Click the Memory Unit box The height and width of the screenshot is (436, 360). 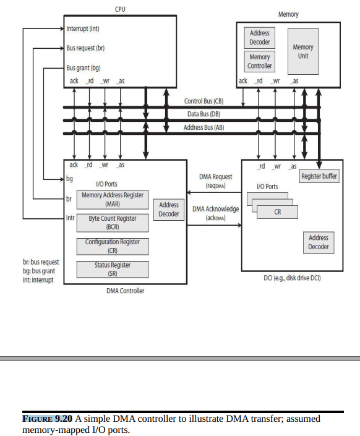(x=303, y=51)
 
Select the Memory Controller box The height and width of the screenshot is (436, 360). (x=260, y=61)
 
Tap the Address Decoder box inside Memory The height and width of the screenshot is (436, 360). (x=260, y=38)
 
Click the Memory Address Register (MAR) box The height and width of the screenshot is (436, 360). (x=113, y=199)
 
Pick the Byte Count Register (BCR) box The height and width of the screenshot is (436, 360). (x=113, y=223)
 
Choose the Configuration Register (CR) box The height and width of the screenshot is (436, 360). (x=113, y=246)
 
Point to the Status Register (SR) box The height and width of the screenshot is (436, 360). (x=113, y=269)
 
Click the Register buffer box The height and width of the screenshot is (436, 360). (x=319, y=177)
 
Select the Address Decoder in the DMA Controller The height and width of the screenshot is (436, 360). (x=169, y=210)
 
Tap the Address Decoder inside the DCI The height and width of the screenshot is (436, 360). (x=319, y=242)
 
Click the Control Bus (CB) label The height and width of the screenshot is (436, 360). (x=204, y=101)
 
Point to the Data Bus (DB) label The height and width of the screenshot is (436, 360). (x=204, y=114)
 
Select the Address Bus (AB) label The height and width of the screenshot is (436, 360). (x=204, y=127)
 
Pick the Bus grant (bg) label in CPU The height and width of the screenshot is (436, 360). (x=84, y=67)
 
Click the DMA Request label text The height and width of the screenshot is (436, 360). (x=215, y=181)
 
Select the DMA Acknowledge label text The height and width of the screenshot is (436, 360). (x=215, y=213)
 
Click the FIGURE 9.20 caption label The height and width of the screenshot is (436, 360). (x=48, y=419)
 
